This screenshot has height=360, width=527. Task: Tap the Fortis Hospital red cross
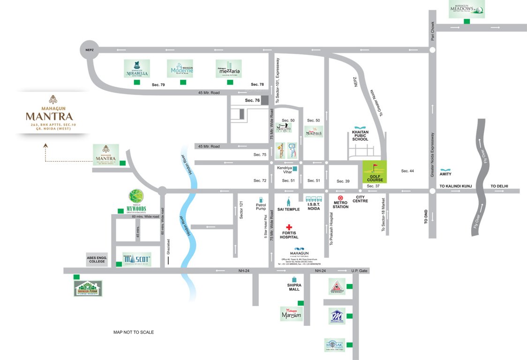(289, 227)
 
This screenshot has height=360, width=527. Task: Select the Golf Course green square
(375, 172)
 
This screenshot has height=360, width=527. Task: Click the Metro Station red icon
(341, 198)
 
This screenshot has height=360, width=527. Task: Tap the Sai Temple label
(289, 209)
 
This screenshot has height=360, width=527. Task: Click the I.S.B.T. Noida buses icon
(313, 199)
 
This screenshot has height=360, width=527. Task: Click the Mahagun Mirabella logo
(136, 68)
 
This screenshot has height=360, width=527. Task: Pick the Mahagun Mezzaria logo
(228, 68)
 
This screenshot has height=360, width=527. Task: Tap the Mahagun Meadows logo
(467, 9)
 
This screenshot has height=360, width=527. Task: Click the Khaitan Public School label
(361, 136)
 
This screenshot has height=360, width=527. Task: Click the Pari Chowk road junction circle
(432, 49)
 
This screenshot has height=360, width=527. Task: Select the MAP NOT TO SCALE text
(134, 332)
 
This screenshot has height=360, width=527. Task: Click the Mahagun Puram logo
(88, 288)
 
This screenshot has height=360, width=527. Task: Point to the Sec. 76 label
(252, 100)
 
